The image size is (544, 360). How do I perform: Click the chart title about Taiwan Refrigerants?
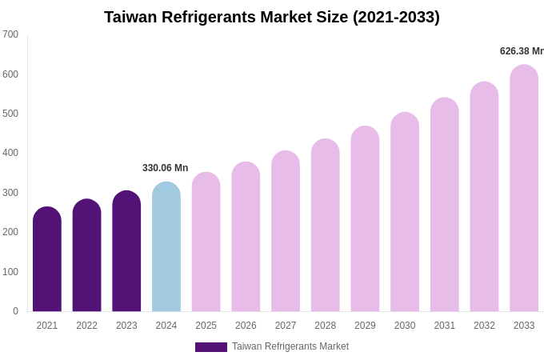pos(272,17)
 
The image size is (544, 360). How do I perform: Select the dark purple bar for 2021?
pos(47,260)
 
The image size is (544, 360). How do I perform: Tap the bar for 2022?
pos(86,256)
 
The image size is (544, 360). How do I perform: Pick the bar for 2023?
pos(126,252)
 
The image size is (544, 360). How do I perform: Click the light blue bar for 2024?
pos(166,247)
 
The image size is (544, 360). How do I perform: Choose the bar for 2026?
pos(246,238)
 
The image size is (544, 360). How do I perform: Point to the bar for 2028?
pos(326,226)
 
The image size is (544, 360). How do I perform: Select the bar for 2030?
pos(405,213)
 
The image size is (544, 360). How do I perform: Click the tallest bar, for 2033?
pos(524,189)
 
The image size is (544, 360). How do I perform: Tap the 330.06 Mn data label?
pos(165,168)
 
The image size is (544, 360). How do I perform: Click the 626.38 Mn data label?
pos(522,51)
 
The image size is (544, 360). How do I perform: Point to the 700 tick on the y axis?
pos(10,34)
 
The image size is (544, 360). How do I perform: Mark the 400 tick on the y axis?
pos(10,153)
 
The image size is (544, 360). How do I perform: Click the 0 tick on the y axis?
pos(15,311)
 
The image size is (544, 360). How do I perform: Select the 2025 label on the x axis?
pos(206,326)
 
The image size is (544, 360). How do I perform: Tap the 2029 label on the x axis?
pos(365,326)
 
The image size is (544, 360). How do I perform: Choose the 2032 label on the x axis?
pos(484,326)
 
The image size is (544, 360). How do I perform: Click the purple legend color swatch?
pos(211,347)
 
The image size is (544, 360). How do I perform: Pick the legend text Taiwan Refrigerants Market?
pos(290,346)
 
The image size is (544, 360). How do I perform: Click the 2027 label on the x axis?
pos(286,326)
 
